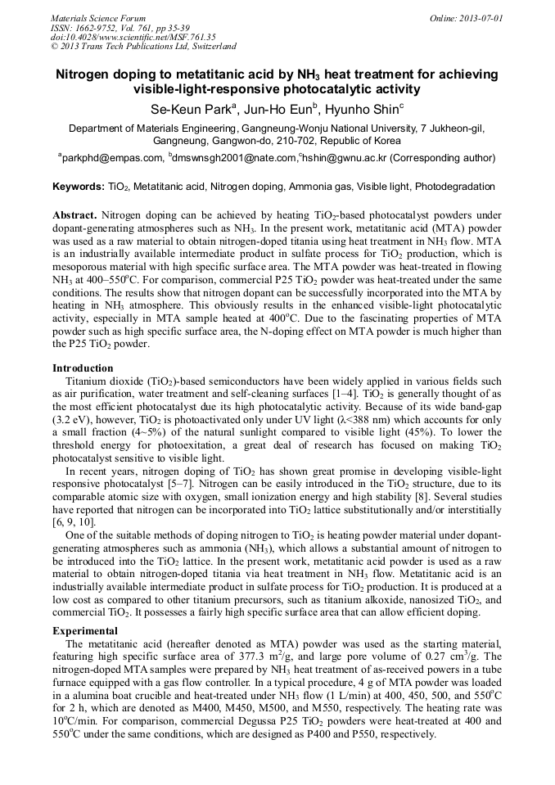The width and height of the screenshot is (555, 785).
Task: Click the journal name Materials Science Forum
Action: coord(98,17)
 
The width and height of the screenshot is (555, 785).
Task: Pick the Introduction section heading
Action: coord(83,368)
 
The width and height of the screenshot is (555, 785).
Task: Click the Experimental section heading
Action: coord(85,631)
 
